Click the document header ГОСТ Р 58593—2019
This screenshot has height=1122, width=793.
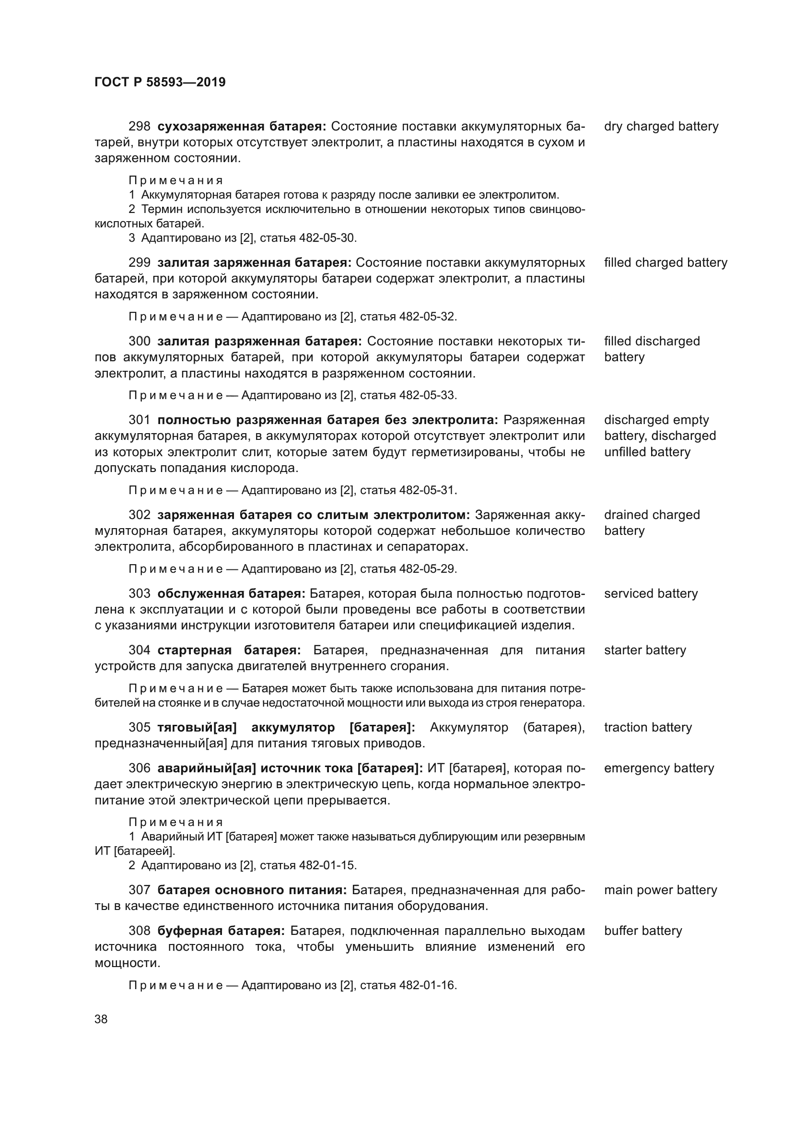pyautogui.click(x=160, y=82)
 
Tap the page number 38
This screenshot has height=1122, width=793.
pyautogui.click(x=101, y=1019)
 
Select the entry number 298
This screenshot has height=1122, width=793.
pyautogui.click(x=139, y=127)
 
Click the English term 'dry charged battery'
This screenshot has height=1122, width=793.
pyautogui.click(x=661, y=127)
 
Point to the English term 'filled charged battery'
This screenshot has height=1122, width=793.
pyautogui.click(x=665, y=263)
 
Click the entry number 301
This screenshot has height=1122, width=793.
pyautogui.click(x=139, y=420)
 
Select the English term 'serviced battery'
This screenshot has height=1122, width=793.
pyautogui.click(x=651, y=594)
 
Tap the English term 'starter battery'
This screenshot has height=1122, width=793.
pyautogui.click(x=644, y=650)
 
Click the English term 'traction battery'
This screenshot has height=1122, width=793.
pyautogui.click(x=647, y=728)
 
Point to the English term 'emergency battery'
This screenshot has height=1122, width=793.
pyautogui.click(x=659, y=768)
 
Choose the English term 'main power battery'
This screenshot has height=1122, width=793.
pyautogui.click(x=660, y=890)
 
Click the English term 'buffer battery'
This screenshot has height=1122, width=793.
pyautogui.click(x=642, y=931)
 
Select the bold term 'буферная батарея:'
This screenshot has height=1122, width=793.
pyautogui.click(x=221, y=931)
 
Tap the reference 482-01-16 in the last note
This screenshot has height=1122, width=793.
pyautogui.click(x=427, y=986)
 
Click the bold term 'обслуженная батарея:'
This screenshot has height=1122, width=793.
pyautogui.click(x=231, y=594)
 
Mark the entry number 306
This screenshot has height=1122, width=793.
pyautogui.click(x=139, y=768)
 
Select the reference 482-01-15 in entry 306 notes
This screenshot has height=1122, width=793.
pyautogui.click(x=327, y=865)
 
